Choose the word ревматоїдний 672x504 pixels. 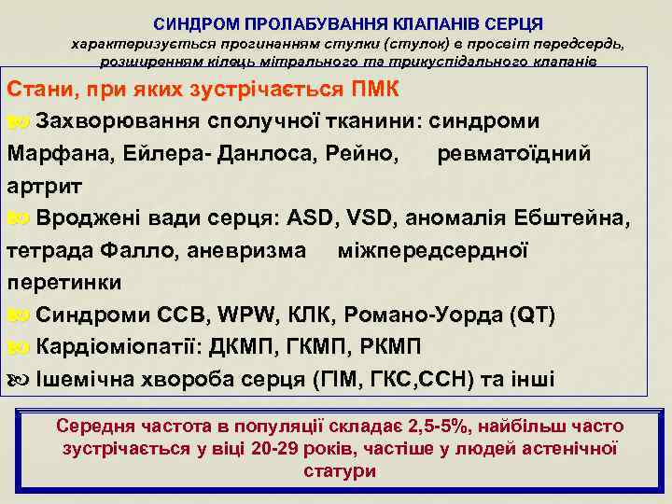[x=514, y=154]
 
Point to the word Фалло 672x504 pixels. [x=137, y=250]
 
